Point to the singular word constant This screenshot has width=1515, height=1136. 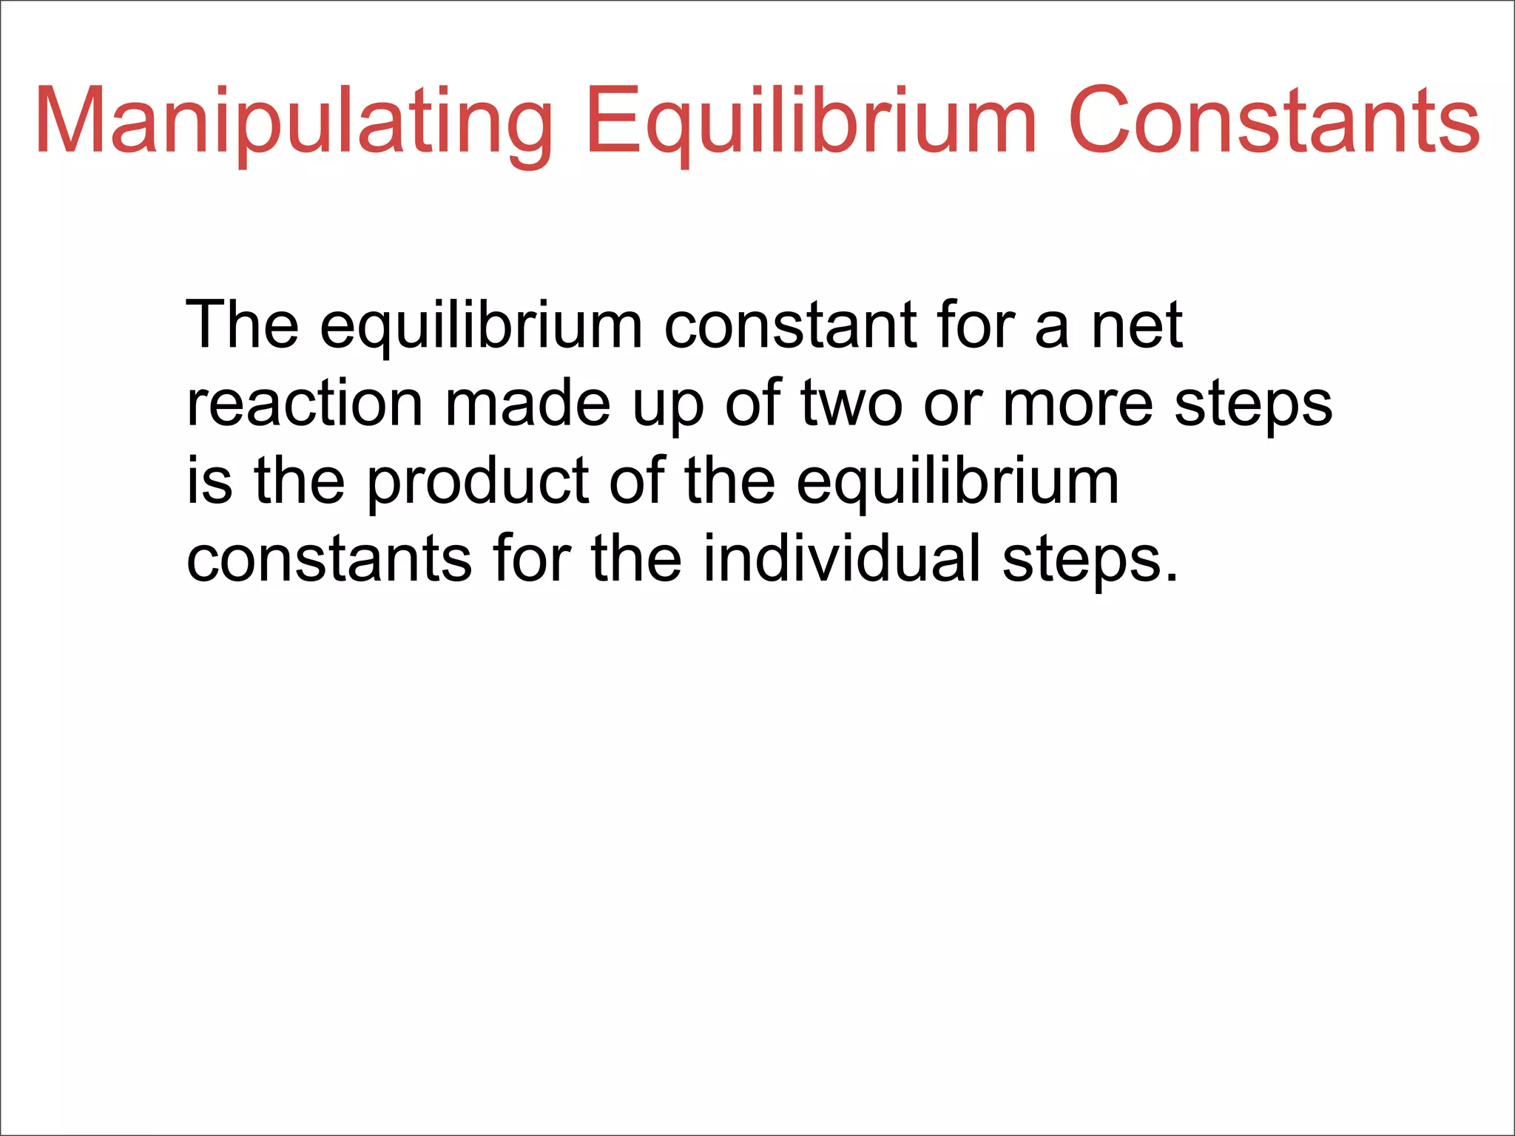(x=790, y=325)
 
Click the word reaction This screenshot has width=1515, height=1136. (x=305, y=404)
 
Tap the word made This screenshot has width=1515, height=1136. (x=527, y=404)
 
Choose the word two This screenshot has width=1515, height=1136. (x=851, y=404)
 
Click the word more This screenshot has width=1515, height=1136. (x=1077, y=405)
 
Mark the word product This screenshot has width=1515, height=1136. (x=478, y=482)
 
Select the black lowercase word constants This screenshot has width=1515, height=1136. (x=328, y=560)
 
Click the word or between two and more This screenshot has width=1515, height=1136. (x=952, y=405)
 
